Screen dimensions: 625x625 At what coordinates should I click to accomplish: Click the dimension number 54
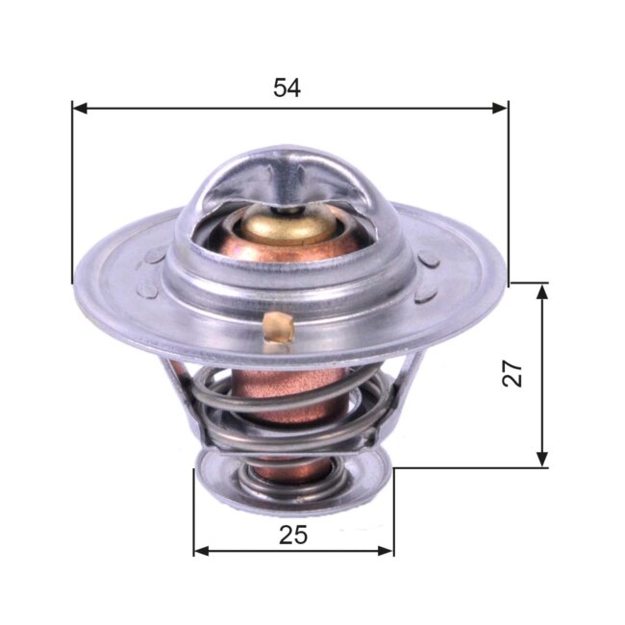[x=287, y=88]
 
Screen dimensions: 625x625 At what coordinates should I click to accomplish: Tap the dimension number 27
[x=515, y=372]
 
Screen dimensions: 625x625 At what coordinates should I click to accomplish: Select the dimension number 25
[x=293, y=536]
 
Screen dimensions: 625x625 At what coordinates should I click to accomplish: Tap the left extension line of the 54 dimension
[x=72, y=192]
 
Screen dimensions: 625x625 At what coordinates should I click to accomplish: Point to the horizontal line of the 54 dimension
[x=192, y=108]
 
